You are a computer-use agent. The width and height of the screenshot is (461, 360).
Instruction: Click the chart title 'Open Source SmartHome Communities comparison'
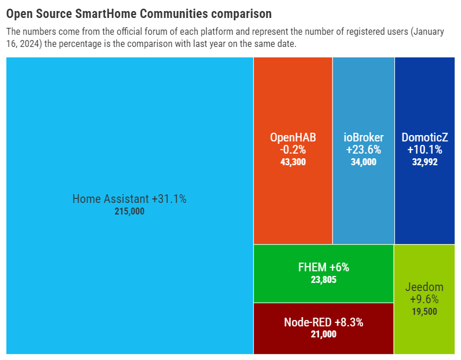[x=138, y=13]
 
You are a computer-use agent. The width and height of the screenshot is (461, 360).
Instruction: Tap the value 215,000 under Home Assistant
[x=129, y=212]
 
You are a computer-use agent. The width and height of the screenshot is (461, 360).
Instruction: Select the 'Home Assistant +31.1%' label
[x=129, y=199]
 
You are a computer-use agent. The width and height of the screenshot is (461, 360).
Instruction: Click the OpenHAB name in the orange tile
[x=292, y=137]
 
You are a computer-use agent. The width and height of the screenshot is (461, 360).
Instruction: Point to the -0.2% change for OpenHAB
[x=292, y=150]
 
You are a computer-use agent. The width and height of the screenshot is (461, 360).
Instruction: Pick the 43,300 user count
[x=292, y=162]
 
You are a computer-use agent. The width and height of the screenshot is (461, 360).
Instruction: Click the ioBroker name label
[x=363, y=137]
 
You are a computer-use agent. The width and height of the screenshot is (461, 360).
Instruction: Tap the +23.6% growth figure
[x=363, y=150]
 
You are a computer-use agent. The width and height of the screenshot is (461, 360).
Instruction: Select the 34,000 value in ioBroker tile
[x=363, y=162]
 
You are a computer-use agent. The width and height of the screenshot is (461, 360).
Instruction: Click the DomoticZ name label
[x=425, y=137]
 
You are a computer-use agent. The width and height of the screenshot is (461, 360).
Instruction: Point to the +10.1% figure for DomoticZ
[x=425, y=150]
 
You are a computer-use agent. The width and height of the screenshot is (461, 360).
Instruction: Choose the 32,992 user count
[x=425, y=162]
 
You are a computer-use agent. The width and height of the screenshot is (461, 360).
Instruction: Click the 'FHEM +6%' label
[x=323, y=267]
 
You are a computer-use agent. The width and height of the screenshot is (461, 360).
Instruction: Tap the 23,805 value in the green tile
[x=323, y=279]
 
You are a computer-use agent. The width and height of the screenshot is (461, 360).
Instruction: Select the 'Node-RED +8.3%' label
[x=323, y=322]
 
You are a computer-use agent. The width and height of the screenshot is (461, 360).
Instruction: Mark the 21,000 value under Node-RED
[x=323, y=334]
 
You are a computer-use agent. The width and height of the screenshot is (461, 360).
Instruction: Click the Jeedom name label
[x=424, y=287]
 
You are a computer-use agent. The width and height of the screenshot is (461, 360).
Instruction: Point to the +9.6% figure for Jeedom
[x=424, y=299]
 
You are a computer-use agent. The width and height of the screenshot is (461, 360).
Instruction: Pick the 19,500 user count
[x=424, y=311]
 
